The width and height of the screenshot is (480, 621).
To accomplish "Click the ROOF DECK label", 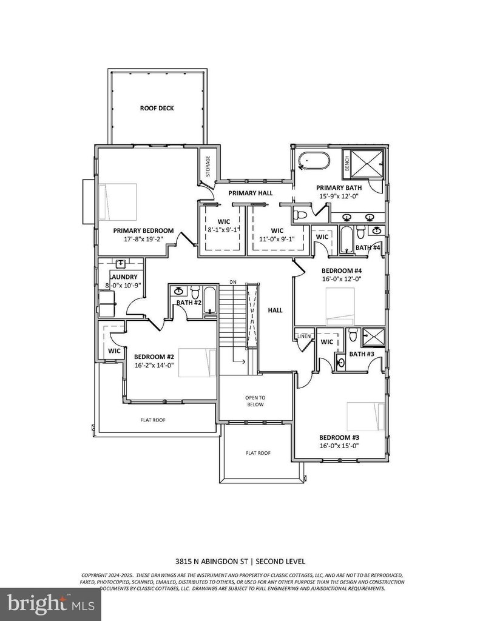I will (x=157, y=108).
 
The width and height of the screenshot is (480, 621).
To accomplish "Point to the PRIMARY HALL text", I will (x=250, y=193).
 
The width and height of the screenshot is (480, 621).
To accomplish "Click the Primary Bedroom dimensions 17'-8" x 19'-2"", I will (x=143, y=239).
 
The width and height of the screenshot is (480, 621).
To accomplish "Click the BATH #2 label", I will (x=189, y=303).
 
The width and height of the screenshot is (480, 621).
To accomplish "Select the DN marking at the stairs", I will (x=232, y=282).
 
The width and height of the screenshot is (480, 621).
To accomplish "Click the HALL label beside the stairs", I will (x=275, y=310).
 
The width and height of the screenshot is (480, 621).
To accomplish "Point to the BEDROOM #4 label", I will (x=341, y=270).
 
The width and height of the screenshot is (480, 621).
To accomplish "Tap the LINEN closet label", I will (x=304, y=335).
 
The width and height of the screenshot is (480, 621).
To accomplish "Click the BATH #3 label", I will (x=361, y=354).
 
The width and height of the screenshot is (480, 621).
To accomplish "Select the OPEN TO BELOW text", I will (x=255, y=401).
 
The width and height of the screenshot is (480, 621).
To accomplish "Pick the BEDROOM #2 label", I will (x=154, y=357).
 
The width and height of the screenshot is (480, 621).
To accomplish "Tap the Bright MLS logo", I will (x=50, y=604).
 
